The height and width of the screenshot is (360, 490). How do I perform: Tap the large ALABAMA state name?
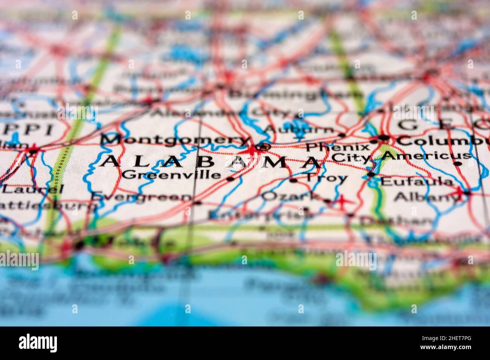[211, 162]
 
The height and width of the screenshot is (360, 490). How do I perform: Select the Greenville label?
[171, 174]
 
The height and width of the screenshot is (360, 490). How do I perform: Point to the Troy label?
[326, 178]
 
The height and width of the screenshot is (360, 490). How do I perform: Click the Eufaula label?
[417, 182]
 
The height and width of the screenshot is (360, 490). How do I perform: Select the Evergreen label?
[141, 197]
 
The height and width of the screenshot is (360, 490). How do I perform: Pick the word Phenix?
[337, 147]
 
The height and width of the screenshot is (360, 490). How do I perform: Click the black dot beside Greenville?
[230, 179]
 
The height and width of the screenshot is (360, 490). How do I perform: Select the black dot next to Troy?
[293, 180]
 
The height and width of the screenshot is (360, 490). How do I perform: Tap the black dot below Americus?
[457, 164]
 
